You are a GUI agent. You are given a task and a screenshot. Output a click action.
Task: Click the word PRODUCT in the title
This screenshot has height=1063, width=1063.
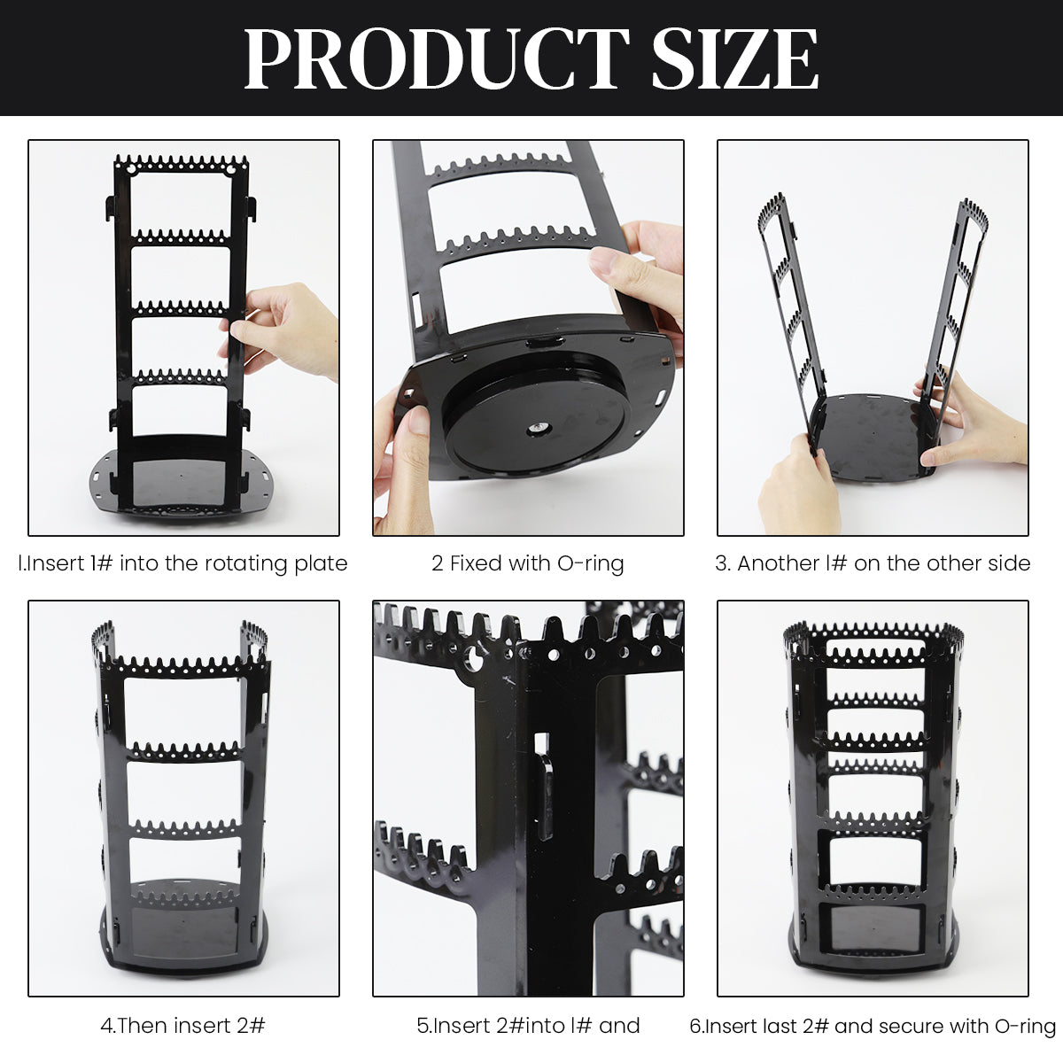point(437,59)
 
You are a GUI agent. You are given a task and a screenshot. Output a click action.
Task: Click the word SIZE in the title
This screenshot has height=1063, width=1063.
point(734,59)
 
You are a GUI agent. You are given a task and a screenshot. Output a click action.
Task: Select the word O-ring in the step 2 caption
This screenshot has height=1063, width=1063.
point(590,564)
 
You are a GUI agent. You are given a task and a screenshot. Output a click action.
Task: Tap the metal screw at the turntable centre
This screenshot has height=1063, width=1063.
point(538,428)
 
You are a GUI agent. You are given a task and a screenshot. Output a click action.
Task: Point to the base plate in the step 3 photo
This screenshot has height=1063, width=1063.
point(872,436)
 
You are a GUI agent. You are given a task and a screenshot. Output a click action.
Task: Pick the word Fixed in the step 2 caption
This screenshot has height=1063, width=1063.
point(475,563)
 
